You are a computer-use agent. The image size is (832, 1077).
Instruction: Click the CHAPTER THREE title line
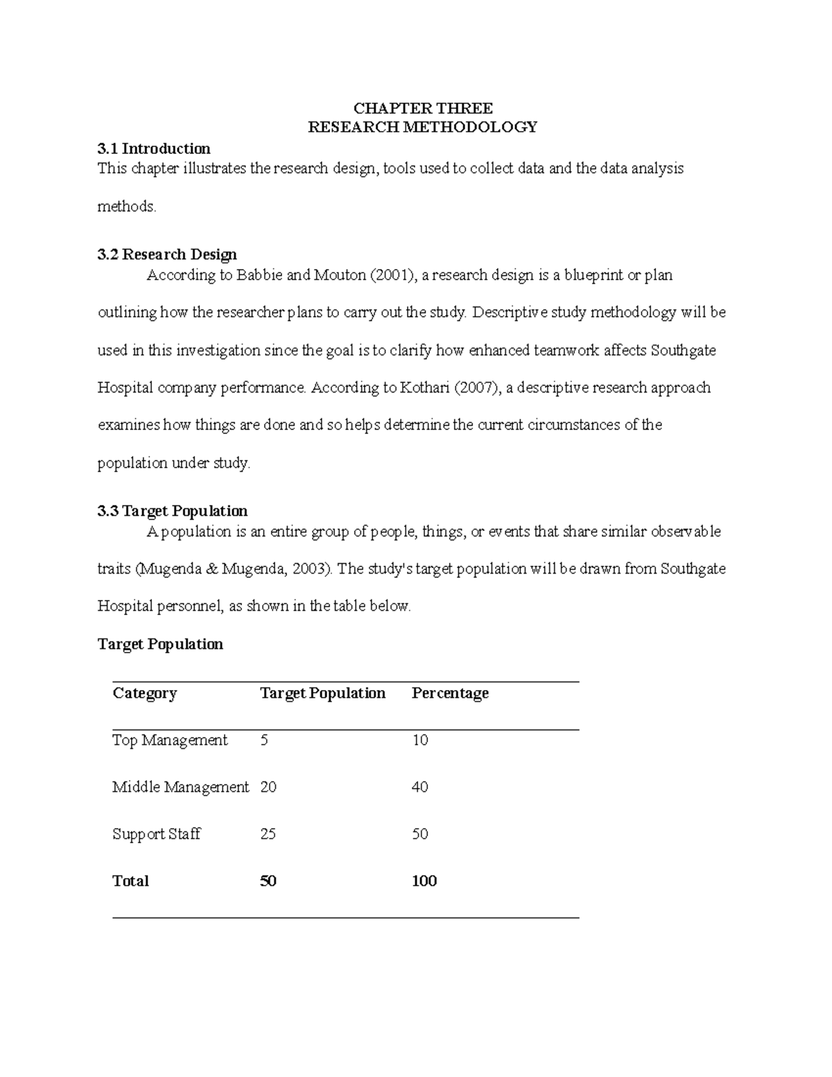click(423, 108)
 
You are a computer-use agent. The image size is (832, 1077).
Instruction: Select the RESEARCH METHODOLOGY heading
click(423, 127)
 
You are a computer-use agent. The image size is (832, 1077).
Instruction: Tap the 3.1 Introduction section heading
click(154, 148)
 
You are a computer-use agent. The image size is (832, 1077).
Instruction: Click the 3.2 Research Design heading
click(167, 255)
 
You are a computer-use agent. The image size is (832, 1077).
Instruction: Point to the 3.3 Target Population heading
click(173, 511)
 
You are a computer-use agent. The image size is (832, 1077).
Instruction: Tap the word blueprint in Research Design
click(593, 275)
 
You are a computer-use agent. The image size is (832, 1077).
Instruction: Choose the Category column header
click(145, 693)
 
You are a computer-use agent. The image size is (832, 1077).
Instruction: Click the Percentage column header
click(450, 693)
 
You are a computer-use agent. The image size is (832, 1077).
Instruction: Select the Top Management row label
click(170, 741)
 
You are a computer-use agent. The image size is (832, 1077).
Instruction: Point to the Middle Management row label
click(180, 787)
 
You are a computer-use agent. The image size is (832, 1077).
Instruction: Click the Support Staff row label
click(157, 834)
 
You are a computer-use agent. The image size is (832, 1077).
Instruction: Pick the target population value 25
click(268, 834)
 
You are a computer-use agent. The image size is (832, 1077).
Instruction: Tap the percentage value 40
click(420, 787)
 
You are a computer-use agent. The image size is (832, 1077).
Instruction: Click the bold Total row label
click(130, 881)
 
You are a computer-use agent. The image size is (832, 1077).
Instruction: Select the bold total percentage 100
click(424, 881)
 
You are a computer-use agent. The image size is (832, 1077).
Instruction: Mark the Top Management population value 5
click(264, 741)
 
